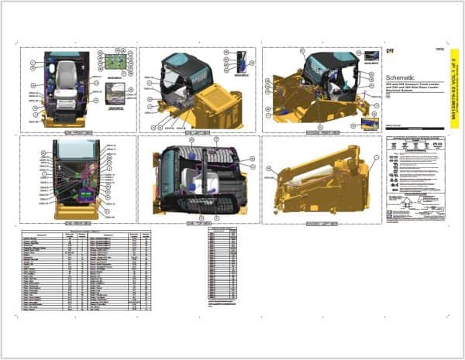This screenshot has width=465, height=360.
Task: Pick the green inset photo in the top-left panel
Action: [x=117, y=62]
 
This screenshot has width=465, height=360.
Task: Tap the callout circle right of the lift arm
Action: [x=378, y=158]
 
